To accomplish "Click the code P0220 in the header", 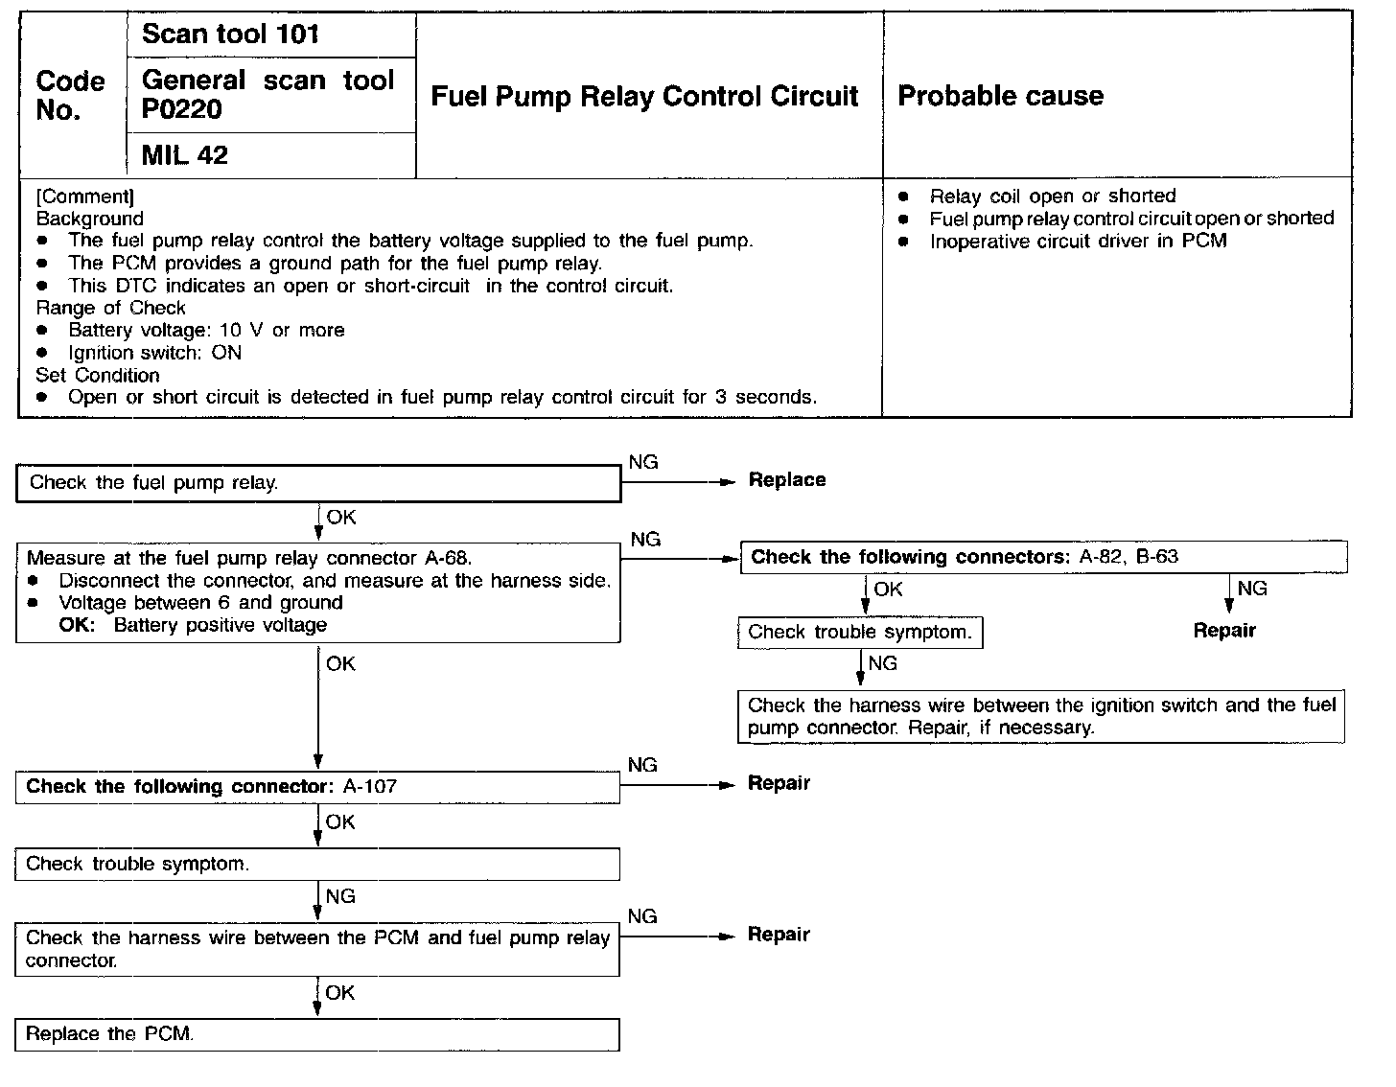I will coord(181,110).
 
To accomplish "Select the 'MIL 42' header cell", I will coord(184,155).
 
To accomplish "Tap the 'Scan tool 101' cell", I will coord(230,35).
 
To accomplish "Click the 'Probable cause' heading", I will coord(1000,96).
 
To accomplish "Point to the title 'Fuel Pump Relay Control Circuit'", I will coord(644,96).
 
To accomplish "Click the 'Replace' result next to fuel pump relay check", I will coord(786,480).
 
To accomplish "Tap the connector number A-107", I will coord(370,787).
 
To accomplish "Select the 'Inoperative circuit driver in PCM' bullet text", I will coord(1078,241).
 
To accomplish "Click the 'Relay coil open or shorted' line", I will coord(1052,197).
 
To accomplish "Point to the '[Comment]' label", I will coord(84,197).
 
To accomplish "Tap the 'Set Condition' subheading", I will coord(98,375).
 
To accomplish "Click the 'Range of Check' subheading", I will coord(110,308).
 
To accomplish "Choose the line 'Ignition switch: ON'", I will coord(154,353).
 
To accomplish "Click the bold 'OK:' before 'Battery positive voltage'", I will coord(77,625).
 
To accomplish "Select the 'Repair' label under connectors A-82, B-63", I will coord(1224,631).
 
